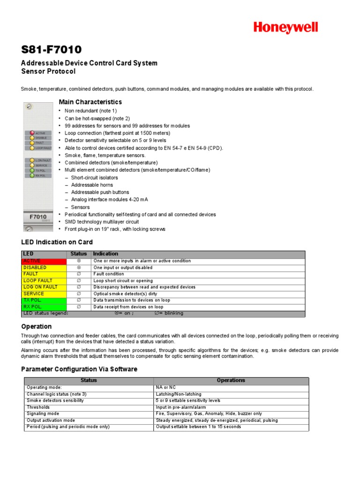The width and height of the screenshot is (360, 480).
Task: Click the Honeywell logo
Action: [285, 28]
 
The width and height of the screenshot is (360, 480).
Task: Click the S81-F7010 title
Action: [51, 50]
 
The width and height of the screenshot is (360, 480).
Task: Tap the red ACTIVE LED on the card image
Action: [32, 133]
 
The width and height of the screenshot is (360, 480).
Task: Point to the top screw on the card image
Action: [29, 107]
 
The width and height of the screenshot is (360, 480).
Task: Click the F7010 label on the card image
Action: [38, 217]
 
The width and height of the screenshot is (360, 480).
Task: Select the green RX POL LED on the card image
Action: [32, 175]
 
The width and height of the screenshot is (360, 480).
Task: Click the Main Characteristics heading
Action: [90, 102]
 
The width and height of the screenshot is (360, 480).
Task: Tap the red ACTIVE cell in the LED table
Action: [44, 261]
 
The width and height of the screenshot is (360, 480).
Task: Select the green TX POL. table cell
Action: [44, 300]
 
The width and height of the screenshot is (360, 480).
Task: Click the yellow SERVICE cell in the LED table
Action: [44, 293]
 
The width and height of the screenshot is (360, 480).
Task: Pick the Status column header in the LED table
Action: [79, 254]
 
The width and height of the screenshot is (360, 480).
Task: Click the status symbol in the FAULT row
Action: [79, 274]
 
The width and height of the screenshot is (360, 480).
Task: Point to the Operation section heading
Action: [37, 327]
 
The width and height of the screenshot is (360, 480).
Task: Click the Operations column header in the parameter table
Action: [231, 381]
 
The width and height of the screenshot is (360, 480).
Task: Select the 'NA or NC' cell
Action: [166, 388]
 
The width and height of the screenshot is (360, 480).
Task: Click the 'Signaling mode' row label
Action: [43, 414]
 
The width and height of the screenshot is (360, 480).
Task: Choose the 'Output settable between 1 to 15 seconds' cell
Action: [198, 427]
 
